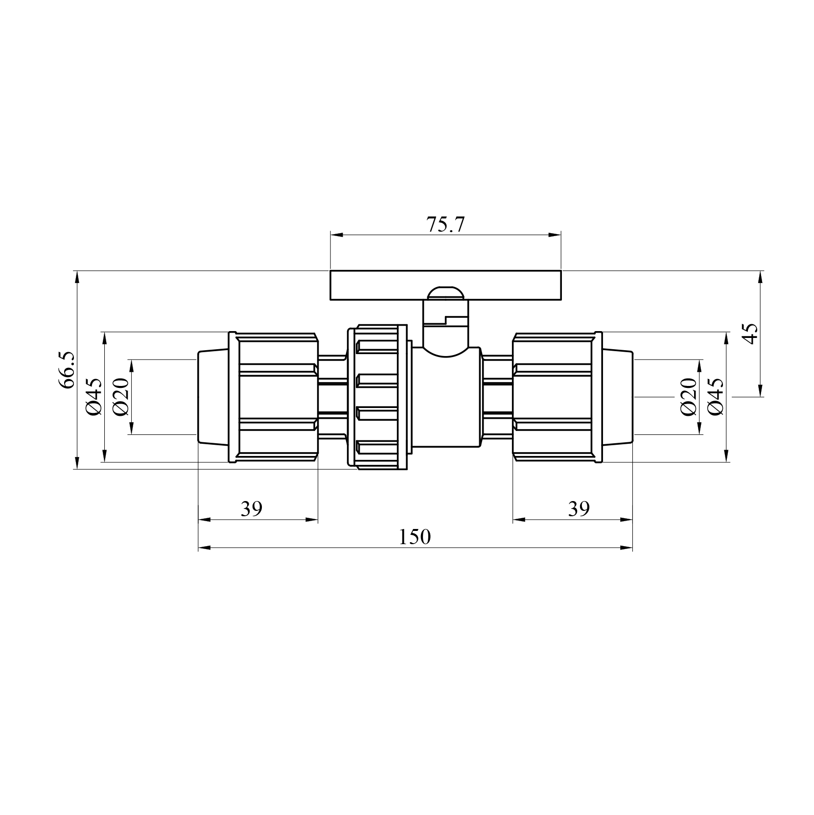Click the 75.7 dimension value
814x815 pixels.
point(445,224)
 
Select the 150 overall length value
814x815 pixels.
point(415,537)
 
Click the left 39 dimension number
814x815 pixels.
point(252,509)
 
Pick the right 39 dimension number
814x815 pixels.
point(579,509)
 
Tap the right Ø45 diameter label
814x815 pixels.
point(715,397)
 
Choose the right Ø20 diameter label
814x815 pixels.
point(689,397)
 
